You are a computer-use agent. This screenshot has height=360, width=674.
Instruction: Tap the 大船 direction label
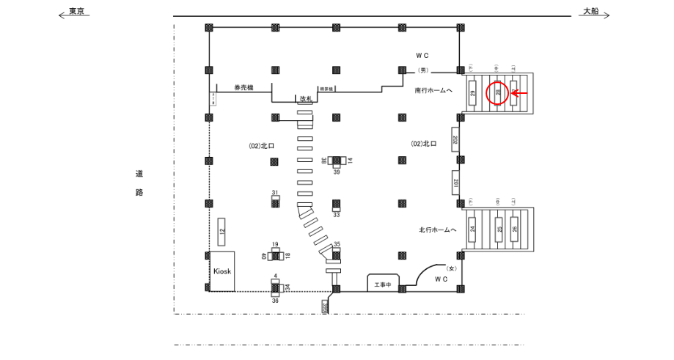(x=591, y=12)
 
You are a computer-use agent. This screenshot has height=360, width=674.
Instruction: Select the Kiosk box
(x=222, y=271)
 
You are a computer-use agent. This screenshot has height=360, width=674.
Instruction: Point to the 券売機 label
(x=243, y=87)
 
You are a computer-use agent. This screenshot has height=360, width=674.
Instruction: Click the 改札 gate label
(x=306, y=98)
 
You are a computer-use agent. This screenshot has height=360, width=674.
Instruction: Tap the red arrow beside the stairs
(x=519, y=92)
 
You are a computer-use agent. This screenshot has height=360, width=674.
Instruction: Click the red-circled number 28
(x=498, y=92)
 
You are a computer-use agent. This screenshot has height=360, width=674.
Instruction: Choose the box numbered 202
(x=455, y=139)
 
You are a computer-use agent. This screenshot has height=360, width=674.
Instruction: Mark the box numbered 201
(x=455, y=183)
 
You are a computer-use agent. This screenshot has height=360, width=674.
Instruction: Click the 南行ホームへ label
(x=433, y=91)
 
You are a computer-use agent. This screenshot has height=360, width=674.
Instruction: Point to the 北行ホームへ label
(x=438, y=229)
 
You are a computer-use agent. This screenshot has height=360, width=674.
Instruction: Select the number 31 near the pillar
(x=275, y=193)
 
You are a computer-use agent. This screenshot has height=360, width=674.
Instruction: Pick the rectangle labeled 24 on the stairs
(x=474, y=229)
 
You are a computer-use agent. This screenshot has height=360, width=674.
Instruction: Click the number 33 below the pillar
(x=336, y=215)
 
